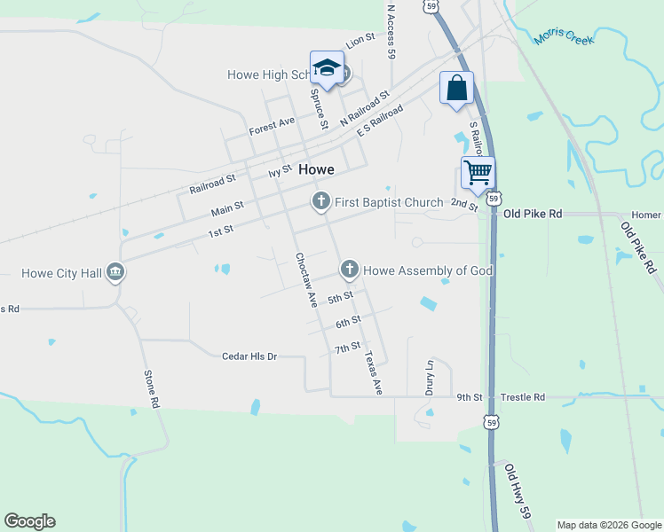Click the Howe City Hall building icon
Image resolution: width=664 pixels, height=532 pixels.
point(115,271)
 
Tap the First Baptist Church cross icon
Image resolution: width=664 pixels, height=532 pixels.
point(320,202)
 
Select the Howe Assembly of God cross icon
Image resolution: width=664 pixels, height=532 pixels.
point(350,269)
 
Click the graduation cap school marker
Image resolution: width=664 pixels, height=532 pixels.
point(327,68)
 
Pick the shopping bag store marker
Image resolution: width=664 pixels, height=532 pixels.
point(456,88)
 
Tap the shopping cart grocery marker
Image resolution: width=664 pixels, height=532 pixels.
point(478,171)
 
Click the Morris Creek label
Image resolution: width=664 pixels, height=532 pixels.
point(565,37)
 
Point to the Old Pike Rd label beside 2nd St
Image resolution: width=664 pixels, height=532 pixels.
point(533,215)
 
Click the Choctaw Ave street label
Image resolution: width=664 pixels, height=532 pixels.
point(306,279)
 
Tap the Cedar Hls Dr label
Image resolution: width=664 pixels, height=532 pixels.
point(249,356)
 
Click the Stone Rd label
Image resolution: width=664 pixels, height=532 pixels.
point(152,388)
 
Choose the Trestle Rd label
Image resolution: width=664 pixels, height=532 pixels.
point(524,397)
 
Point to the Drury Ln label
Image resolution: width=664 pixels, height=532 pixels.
point(430,377)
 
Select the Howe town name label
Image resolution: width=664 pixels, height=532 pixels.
point(316,169)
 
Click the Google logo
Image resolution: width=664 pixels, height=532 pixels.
point(29,521)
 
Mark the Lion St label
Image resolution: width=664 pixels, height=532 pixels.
point(360,40)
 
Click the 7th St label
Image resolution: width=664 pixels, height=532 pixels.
point(347,347)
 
